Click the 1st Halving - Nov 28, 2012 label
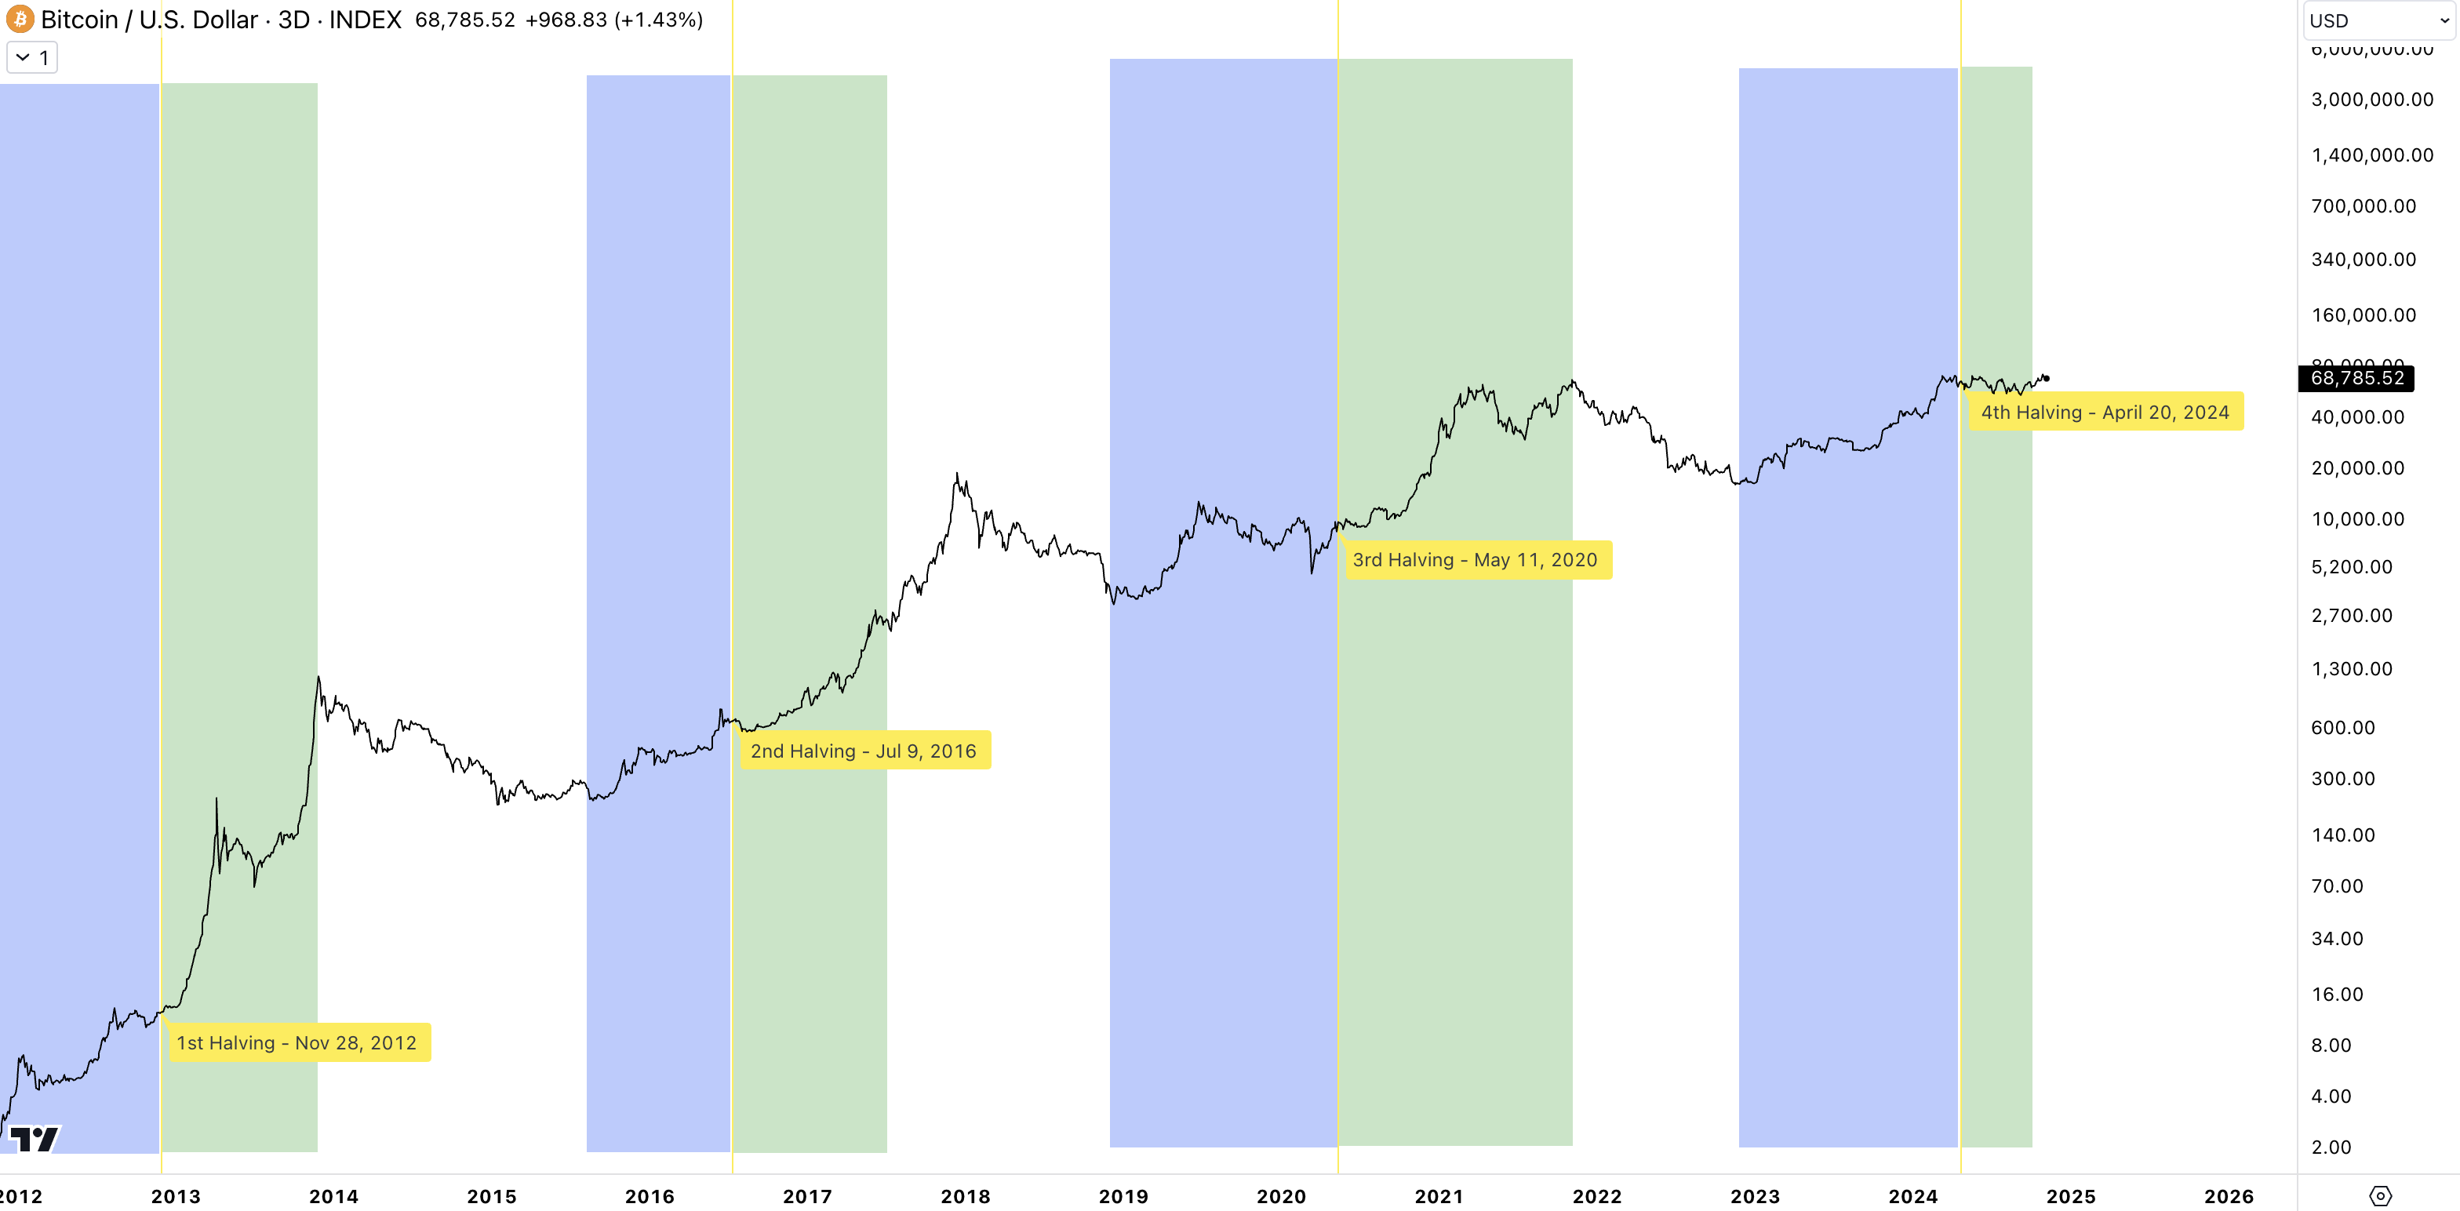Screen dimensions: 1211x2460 tap(297, 1042)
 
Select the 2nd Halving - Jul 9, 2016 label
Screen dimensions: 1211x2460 tap(864, 751)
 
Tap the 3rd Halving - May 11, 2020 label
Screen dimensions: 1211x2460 tap(1475, 560)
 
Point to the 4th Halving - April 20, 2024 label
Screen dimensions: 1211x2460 tap(2105, 412)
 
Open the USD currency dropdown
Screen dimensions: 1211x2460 tap(2378, 20)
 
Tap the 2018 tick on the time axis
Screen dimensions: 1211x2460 tap(965, 1196)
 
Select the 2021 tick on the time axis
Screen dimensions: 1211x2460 tap(1438, 1196)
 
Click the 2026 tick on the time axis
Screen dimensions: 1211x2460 tap(2228, 1196)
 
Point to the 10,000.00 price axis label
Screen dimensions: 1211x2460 tap(2357, 519)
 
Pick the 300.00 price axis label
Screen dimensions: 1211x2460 tap(2342, 778)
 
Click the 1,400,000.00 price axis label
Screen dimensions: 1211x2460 tap(2371, 155)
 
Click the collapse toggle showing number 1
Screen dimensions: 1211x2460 tap(32, 57)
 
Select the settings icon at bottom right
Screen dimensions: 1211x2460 tap(2380, 1196)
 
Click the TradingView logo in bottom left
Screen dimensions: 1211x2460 tap(35, 1138)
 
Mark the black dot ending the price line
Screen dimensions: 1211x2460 tap(2046, 378)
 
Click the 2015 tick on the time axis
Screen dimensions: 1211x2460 tap(491, 1196)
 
